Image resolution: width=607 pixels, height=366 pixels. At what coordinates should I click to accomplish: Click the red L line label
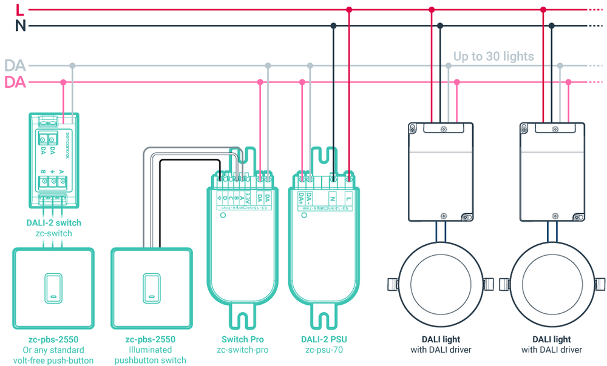(20, 9)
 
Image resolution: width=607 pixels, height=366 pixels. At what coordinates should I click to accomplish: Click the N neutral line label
(20, 25)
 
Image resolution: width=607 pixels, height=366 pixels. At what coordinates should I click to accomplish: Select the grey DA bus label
(15, 65)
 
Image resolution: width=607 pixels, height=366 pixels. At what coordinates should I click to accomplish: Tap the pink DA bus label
(15, 82)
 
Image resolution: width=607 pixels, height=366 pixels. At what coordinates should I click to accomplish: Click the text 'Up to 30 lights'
(493, 57)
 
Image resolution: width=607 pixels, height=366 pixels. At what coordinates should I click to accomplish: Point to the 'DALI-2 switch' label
(53, 222)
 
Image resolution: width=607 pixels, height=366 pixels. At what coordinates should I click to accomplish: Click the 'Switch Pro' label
(243, 339)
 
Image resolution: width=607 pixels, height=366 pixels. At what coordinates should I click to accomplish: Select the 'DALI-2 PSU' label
(324, 339)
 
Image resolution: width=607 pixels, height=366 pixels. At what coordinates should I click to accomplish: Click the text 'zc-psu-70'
(324, 350)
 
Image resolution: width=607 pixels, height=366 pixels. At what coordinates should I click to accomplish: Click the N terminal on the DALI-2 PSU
(332, 197)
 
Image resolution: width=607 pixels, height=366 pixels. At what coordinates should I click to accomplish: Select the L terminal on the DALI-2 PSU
(348, 197)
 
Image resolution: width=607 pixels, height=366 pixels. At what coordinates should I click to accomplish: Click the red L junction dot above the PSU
(348, 10)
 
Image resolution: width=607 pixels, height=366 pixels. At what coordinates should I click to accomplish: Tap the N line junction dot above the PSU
(333, 26)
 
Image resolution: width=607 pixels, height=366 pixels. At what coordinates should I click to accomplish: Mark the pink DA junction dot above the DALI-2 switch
(63, 82)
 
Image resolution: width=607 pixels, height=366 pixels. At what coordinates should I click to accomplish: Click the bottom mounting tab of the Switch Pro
(243, 315)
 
